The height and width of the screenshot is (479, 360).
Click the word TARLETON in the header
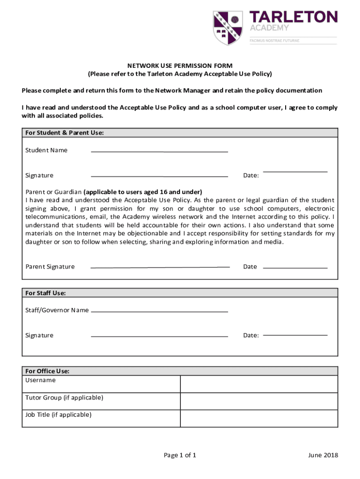pos(293,17)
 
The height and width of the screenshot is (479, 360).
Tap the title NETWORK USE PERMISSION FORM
pos(180,66)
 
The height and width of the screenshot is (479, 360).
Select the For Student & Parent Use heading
pos(65,133)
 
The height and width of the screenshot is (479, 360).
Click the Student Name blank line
pos(159,152)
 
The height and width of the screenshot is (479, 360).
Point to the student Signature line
pos(159,177)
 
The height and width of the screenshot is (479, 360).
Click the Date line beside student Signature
pos(295,172)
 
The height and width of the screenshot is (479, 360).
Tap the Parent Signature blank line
pos(160,267)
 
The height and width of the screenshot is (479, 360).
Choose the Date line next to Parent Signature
pos(295,268)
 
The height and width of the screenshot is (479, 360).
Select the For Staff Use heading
pos(46,293)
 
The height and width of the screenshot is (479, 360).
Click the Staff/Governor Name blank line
pos(159,312)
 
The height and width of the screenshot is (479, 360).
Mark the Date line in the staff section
pos(295,335)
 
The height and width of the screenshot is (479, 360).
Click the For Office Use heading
pos(47,371)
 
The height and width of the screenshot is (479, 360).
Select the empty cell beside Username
pos(259,384)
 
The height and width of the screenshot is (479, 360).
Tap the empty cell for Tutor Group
pos(259,401)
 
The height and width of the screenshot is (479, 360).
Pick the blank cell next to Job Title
pos(259,418)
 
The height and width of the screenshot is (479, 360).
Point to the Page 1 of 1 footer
pos(180,455)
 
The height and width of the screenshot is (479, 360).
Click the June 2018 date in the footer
pos(323,455)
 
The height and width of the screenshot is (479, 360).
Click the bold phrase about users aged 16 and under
pos(143,192)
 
